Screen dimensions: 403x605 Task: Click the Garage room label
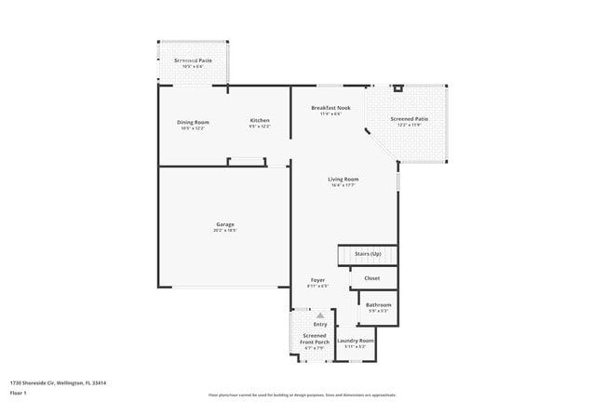225,223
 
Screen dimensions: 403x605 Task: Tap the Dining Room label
193,121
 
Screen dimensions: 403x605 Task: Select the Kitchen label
260,121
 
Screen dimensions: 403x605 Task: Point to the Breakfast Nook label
330,108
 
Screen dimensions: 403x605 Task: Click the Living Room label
343,179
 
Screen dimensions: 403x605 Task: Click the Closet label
371,277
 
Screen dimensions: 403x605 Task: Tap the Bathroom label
378,304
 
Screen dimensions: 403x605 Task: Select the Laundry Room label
355,341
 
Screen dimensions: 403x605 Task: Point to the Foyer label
318,279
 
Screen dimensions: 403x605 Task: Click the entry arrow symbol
319,316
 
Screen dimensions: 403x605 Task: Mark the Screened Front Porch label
315,338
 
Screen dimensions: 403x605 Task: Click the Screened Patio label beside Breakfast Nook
409,118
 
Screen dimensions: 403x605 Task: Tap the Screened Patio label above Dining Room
193,60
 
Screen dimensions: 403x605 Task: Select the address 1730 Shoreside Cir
58,382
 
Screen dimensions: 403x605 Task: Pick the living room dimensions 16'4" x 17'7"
343,185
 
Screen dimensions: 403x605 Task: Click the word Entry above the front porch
319,324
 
